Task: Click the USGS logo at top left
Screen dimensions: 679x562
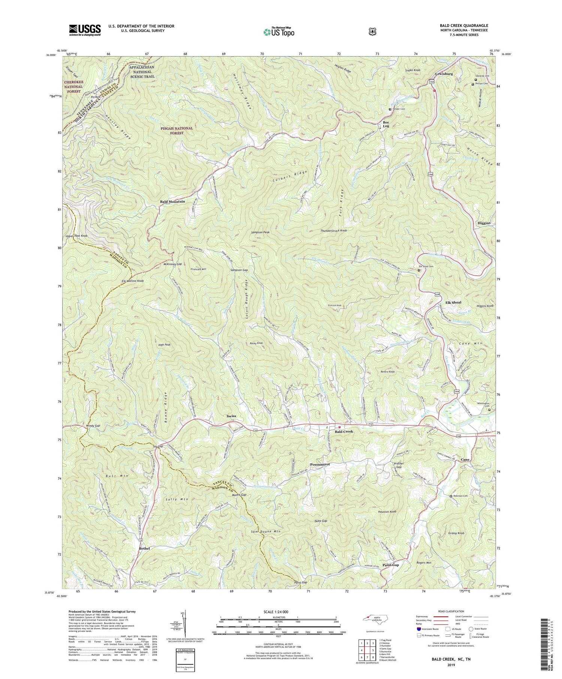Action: [85, 30]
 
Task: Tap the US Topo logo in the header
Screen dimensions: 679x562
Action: [279, 31]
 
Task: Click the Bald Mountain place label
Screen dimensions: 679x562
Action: [172, 201]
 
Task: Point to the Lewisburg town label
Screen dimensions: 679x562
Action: [444, 74]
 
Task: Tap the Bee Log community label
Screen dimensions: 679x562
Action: [386, 124]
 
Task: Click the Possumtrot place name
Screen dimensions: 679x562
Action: [320, 464]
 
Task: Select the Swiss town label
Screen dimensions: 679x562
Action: [232, 416]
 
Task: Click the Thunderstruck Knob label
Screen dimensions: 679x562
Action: [333, 231]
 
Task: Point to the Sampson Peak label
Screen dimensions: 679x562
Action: [260, 232]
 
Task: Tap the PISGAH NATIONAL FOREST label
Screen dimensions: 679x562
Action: [176, 130]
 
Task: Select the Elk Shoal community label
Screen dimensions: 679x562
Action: [453, 302]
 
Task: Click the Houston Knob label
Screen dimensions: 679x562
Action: [387, 511]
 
